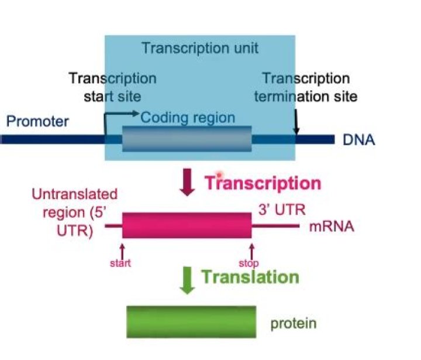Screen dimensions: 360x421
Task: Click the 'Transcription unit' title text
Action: point(199,48)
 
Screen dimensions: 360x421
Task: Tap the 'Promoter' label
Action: point(37,122)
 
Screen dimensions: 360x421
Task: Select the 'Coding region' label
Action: point(188,118)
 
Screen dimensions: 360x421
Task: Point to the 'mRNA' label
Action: point(331,227)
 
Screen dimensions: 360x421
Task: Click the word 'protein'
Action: point(293,323)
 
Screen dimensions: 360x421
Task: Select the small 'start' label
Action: point(120,263)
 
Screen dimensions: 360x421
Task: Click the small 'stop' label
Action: point(249,263)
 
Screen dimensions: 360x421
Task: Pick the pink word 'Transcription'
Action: point(263,183)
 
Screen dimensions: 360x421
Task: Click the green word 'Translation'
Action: point(250,276)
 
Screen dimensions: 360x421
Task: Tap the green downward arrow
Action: point(187,279)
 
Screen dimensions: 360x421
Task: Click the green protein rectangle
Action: point(191,322)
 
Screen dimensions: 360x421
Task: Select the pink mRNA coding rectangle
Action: point(187,225)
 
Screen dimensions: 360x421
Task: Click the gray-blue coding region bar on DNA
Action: point(187,139)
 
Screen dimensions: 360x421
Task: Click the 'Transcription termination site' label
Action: point(306,87)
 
